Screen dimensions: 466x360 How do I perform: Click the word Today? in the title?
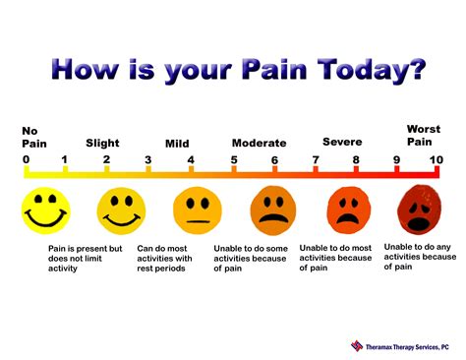372,71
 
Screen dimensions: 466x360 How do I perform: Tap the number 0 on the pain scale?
26,159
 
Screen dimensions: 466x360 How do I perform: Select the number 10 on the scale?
437,160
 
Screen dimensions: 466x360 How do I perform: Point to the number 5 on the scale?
234,160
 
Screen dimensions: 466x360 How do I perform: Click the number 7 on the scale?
316,160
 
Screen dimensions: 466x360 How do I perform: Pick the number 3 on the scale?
148,160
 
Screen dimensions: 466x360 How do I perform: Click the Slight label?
102,144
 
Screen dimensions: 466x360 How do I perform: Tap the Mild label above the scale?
177,144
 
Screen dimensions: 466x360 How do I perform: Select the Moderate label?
259,144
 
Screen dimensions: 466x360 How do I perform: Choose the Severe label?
342,142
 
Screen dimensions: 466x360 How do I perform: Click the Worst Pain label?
424,136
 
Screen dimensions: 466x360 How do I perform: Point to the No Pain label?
34,138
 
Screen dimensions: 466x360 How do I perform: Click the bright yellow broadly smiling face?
46,210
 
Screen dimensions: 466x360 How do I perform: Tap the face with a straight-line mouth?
198,210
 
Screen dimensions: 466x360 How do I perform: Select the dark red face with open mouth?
420,210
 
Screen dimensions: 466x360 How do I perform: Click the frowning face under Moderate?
273,210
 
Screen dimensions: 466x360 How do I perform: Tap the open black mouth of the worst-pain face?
419,223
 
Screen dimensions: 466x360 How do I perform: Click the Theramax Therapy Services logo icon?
357,346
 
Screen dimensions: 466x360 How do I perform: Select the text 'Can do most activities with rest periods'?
164,259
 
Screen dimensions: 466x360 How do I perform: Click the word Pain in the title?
274,69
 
